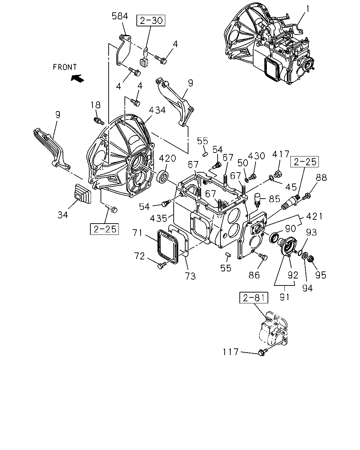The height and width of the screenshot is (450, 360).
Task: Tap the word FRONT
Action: pos(65,67)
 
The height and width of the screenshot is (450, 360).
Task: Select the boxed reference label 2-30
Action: pos(151,20)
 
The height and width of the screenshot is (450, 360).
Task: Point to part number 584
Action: pos(120,16)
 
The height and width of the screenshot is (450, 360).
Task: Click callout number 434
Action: pos(157,110)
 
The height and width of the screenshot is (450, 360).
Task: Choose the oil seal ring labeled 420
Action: pos(163,177)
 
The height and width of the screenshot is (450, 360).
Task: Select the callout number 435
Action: pos(159,219)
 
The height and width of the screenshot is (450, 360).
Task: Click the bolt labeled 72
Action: pos(162,265)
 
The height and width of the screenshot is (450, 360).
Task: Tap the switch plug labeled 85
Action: pos(257,199)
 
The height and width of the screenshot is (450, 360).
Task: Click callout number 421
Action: pos(314,216)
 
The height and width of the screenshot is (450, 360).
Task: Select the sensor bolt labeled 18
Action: pos(98,121)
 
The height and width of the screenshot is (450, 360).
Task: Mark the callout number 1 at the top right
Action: pos(308,9)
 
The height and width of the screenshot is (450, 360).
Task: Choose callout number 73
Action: pos(190,276)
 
